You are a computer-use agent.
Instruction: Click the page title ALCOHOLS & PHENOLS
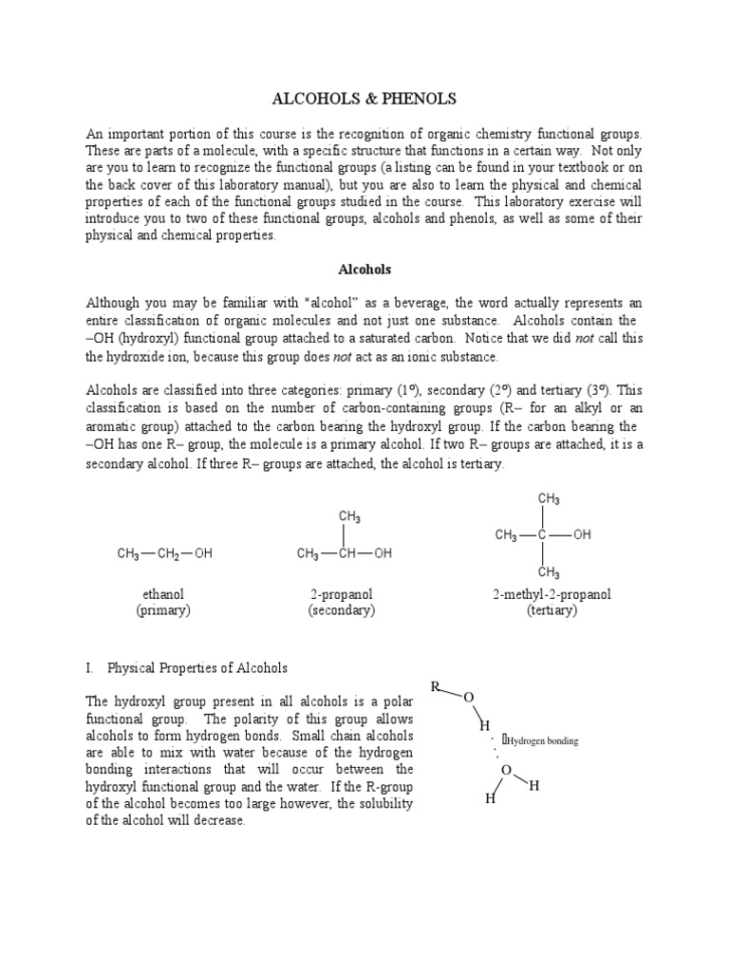(x=364, y=99)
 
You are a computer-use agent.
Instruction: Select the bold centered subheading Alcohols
(x=364, y=269)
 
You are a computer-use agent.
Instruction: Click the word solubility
(x=384, y=803)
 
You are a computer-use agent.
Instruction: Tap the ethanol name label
(x=162, y=594)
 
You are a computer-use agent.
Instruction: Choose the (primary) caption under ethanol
(x=162, y=610)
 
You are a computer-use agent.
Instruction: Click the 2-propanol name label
(x=341, y=594)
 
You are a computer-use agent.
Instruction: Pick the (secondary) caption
(x=341, y=610)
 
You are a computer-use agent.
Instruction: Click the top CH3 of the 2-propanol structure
(x=349, y=517)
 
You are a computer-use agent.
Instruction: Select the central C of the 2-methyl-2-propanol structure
(x=542, y=535)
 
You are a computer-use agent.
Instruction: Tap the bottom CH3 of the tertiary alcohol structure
(x=549, y=572)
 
